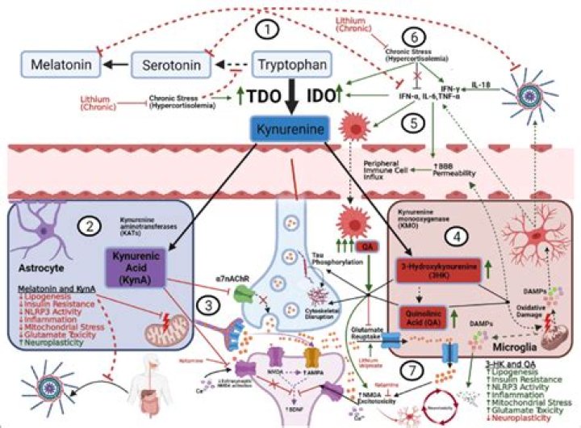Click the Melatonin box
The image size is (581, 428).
click(54, 62)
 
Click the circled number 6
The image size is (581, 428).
click(412, 38)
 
